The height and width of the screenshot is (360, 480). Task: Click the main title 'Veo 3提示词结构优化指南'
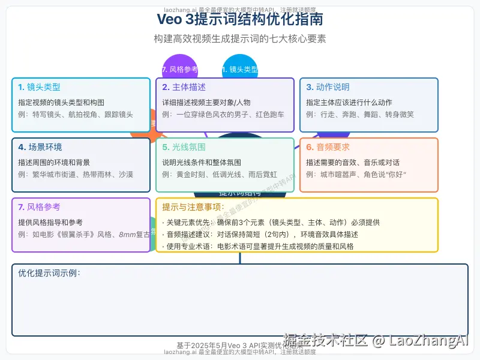point(240,19)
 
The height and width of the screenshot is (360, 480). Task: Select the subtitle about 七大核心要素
point(240,38)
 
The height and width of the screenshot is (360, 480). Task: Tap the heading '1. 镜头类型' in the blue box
point(39,87)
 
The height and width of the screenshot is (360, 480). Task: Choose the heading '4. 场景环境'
point(40,147)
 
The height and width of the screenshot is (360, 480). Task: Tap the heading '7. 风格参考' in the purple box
point(39,207)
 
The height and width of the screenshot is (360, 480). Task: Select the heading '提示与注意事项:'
point(193,207)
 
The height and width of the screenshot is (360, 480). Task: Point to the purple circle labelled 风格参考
point(179,68)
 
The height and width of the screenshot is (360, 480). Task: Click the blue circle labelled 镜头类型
point(240,68)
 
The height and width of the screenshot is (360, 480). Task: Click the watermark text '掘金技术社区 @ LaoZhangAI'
point(375,340)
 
